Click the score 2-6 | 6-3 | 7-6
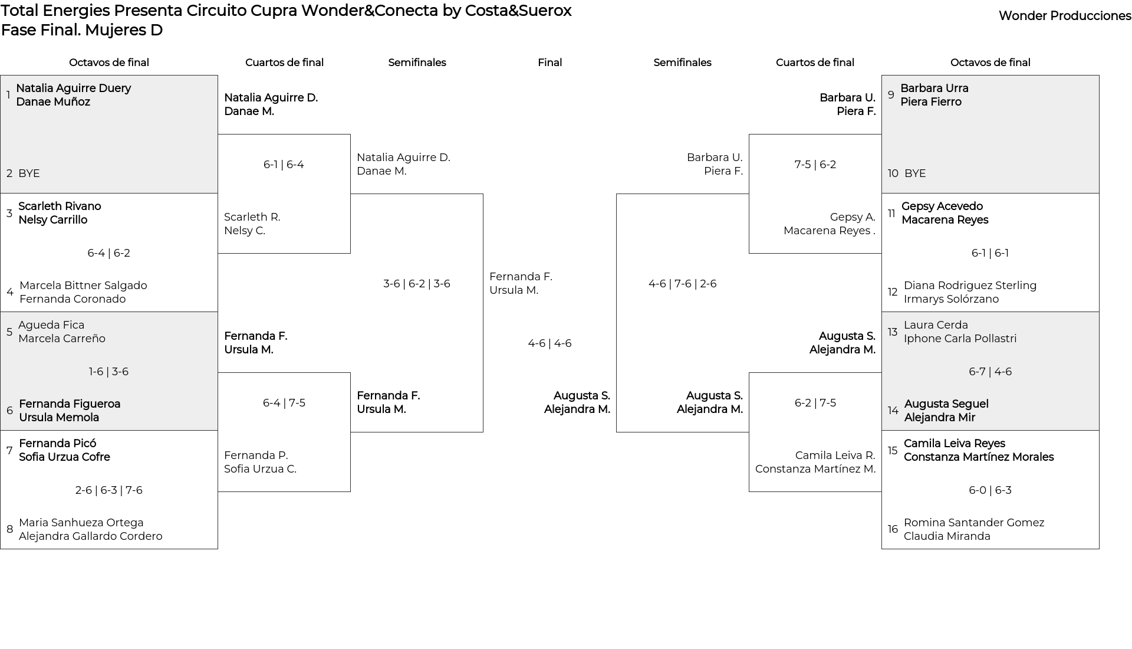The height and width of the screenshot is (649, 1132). point(109,490)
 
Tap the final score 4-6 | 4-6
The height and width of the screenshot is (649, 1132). point(549,343)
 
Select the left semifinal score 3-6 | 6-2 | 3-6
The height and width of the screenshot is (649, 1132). point(417,284)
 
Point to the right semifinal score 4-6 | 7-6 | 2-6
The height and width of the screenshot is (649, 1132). point(683,284)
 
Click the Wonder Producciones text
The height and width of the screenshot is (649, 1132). point(1065,16)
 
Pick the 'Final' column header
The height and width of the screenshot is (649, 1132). point(549,63)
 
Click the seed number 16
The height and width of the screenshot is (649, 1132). point(893,529)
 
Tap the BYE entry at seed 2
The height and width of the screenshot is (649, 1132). point(29,173)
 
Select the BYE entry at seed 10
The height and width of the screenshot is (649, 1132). point(915,173)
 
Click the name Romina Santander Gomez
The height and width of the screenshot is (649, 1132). point(974,523)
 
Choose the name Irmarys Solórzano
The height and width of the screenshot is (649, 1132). point(951,299)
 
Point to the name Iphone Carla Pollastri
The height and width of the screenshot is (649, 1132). point(960,339)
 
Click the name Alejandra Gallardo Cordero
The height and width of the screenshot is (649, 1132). point(91,536)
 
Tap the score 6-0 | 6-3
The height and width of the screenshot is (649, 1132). point(990,490)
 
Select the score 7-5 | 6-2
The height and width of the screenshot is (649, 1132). point(815,165)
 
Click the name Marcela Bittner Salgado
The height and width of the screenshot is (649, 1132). point(83,286)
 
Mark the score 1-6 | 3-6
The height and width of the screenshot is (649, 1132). point(109,372)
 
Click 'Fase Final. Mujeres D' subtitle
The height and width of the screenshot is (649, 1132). point(82,30)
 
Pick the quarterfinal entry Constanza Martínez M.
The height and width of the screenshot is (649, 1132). point(815,469)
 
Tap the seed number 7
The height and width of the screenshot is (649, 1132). point(9,451)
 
